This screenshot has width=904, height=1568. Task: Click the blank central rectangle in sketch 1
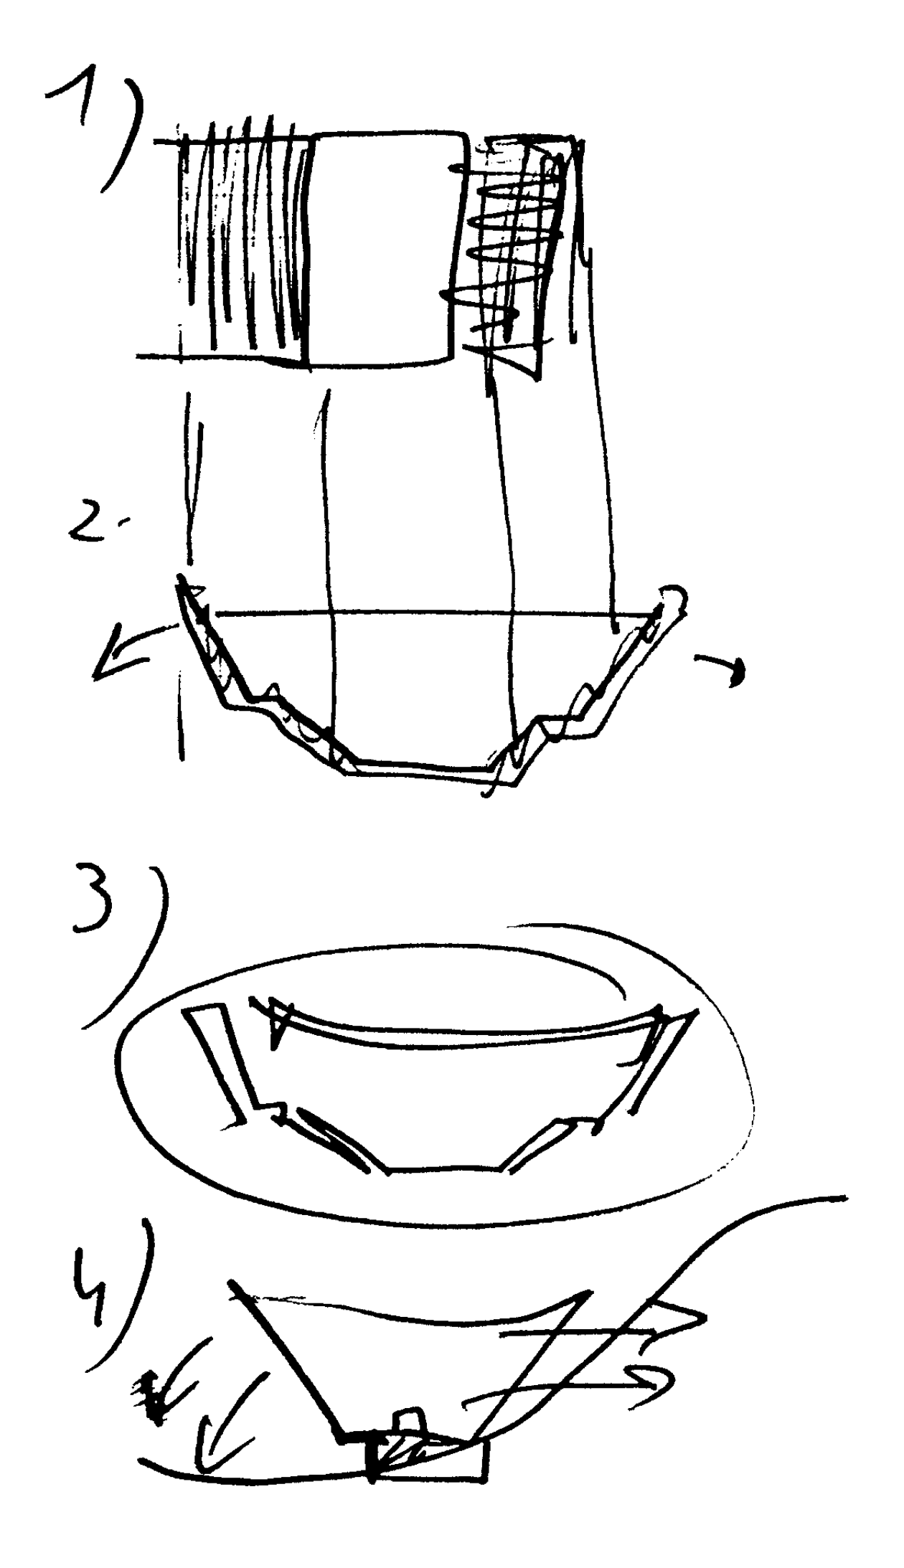tap(384, 247)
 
